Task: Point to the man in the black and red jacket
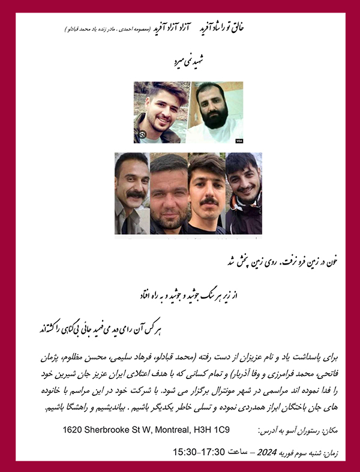[243, 192]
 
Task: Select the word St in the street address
[139, 430]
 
